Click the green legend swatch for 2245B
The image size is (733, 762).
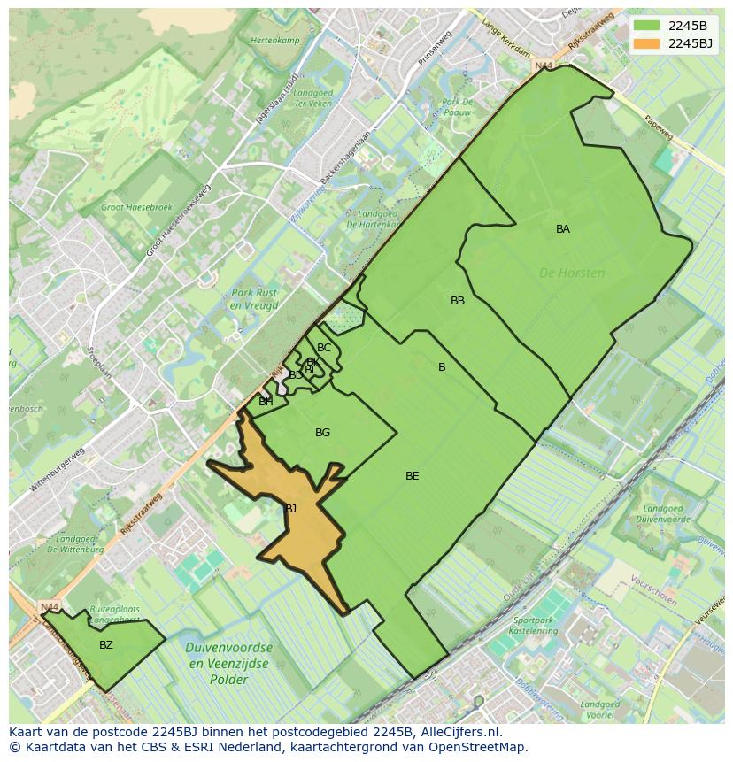coord(646,25)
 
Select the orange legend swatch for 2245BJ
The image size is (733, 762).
coord(646,42)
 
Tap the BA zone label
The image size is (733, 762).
coord(563,229)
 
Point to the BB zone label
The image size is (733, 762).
coord(458,301)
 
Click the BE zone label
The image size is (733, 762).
coord(413,476)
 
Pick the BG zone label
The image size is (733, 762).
coord(322,433)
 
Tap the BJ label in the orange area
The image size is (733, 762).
coord(290,509)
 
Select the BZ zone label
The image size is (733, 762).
coord(106,645)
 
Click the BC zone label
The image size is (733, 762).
coord(324,348)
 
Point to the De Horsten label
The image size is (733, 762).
coord(572,273)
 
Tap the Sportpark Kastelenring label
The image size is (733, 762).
coord(536,626)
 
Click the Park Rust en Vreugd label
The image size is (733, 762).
coord(254,299)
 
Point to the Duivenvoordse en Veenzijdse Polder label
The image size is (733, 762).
coord(228,664)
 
